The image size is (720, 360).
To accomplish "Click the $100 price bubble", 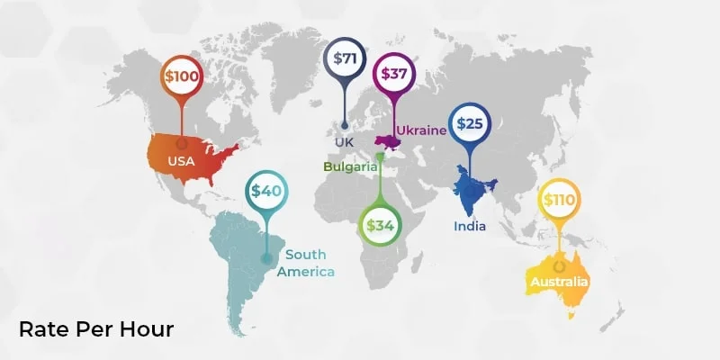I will (x=182, y=76).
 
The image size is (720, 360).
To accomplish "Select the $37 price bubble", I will (x=393, y=74).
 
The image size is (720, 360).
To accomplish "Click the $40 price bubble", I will (x=266, y=191).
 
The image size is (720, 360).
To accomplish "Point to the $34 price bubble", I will (x=379, y=224).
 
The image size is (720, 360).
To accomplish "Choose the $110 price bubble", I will (x=558, y=200).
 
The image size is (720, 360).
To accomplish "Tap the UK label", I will (x=343, y=142).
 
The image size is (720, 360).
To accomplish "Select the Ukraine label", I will (x=421, y=130).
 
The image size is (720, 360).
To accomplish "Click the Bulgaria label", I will (x=352, y=166).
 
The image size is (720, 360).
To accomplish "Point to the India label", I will (x=469, y=226).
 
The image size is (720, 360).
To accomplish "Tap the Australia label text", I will (x=559, y=282).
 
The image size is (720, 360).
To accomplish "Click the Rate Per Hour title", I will (x=96, y=329).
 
